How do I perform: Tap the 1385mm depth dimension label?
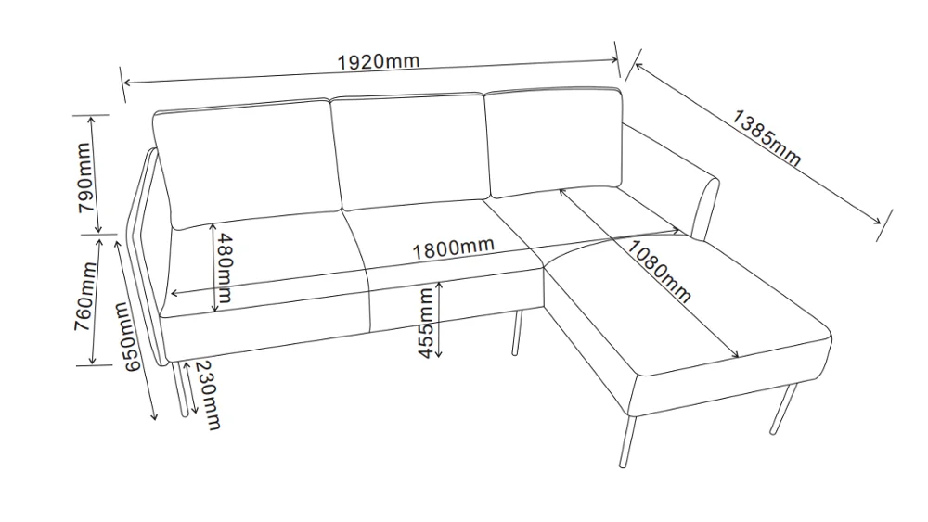[x=767, y=138]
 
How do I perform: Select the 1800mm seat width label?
[x=453, y=248]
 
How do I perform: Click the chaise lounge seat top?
[x=687, y=306]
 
